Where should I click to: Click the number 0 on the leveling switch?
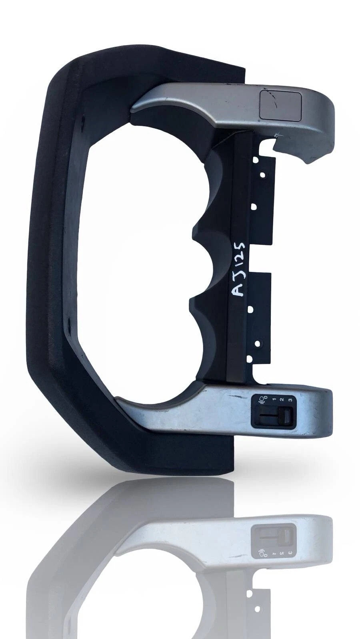[265, 397]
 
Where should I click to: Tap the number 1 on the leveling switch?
[274, 399]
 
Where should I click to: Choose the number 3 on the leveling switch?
[290, 400]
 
